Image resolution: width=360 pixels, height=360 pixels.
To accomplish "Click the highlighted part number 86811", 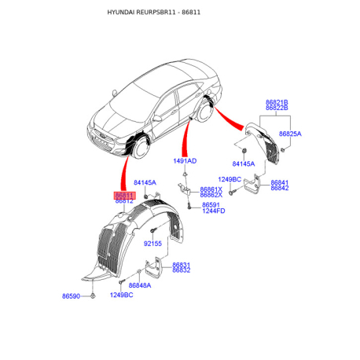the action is click(x=124, y=196).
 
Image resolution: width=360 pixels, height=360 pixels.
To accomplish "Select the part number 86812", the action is click(x=124, y=201).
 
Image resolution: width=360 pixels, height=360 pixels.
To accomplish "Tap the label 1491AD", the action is click(x=185, y=161).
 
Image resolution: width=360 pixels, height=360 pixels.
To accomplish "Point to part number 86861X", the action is click(x=211, y=189).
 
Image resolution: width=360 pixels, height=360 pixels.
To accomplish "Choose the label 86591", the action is click(x=211, y=205).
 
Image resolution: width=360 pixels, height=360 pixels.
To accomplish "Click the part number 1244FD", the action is click(x=214, y=211).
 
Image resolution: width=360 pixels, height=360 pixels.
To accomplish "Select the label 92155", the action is click(x=152, y=244).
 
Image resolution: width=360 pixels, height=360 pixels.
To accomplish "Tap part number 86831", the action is click(x=182, y=265).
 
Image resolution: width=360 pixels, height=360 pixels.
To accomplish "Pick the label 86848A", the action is click(x=140, y=285).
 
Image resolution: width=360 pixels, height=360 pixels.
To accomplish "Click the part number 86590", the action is click(x=71, y=296).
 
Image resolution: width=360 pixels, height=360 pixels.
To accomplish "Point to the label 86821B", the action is click(x=277, y=102).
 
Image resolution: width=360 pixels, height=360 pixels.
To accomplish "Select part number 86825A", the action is click(x=290, y=134).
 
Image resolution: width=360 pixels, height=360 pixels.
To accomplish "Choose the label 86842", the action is click(x=280, y=188).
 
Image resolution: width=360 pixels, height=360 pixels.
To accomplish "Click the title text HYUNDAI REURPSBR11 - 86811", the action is click(x=154, y=13).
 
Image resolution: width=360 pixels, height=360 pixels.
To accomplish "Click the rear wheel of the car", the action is click(x=204, y=112).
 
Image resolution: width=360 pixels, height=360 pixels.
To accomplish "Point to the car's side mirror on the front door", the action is click(x=157, y=119).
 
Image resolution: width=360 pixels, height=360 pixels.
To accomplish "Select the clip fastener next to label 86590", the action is click(x=93, y=296).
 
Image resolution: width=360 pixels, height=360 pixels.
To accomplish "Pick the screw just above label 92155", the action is click(x=152, y=231).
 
